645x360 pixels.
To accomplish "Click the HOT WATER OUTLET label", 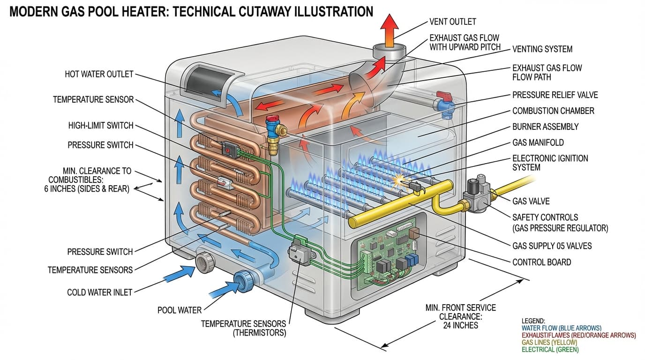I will pyautogui.click(x=99, y=74).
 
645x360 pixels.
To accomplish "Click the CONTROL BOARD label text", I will pyautogui.click(x=541, y=262).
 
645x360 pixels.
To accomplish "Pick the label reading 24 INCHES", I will pyautogui.click(x=460, y=325).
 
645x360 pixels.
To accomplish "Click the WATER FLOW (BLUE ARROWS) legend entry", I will pyautogui.click(x=561, y=328).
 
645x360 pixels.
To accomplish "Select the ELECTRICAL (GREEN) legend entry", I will pyautogui.click(x=550, y=349).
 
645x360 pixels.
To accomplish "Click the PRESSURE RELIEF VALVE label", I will pyautogui.click(x=555, y=95).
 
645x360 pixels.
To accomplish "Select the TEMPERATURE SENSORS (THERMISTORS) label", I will pyautogui.click(x=243, y=328).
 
